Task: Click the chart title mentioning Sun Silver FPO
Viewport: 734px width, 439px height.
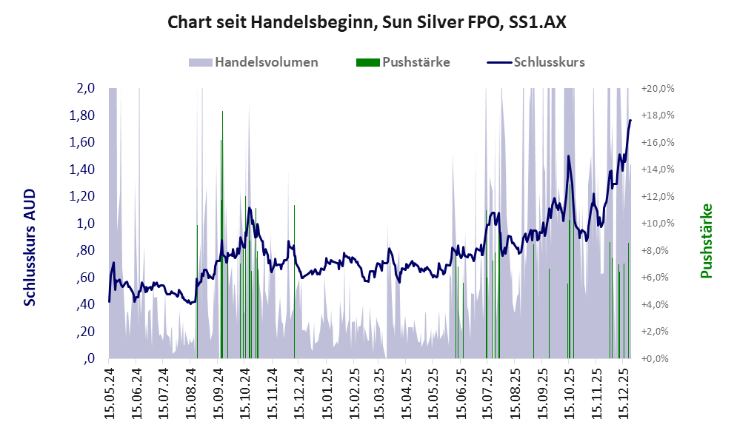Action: (367, 23)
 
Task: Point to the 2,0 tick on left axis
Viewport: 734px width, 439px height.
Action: (85, 88)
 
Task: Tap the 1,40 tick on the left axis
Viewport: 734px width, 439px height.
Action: (82, 170)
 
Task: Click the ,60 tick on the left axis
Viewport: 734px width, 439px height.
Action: (85, 278)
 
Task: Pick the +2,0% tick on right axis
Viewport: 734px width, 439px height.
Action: (659, 332)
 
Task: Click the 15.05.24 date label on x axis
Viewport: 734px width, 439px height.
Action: (110, 393)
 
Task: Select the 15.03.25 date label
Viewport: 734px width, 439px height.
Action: (379, 393)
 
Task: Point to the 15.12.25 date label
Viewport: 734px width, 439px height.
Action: (623, 393)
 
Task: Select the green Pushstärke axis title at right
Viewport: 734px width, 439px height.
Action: (706, 241)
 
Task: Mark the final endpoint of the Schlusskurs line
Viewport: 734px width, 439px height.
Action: (630, 120)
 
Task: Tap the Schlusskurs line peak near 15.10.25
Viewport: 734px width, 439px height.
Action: (568, 156)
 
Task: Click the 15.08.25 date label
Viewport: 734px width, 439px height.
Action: (514, 393)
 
